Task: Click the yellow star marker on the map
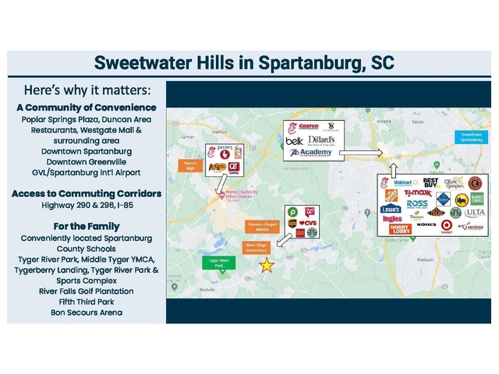click(267, 265)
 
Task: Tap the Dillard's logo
click(320, 140)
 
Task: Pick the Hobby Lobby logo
click(401, 228)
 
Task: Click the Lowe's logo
click(391, 209)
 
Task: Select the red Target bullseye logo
click(447, 225)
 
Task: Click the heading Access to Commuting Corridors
click(87, 193)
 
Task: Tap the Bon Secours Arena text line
click(87, 312)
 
